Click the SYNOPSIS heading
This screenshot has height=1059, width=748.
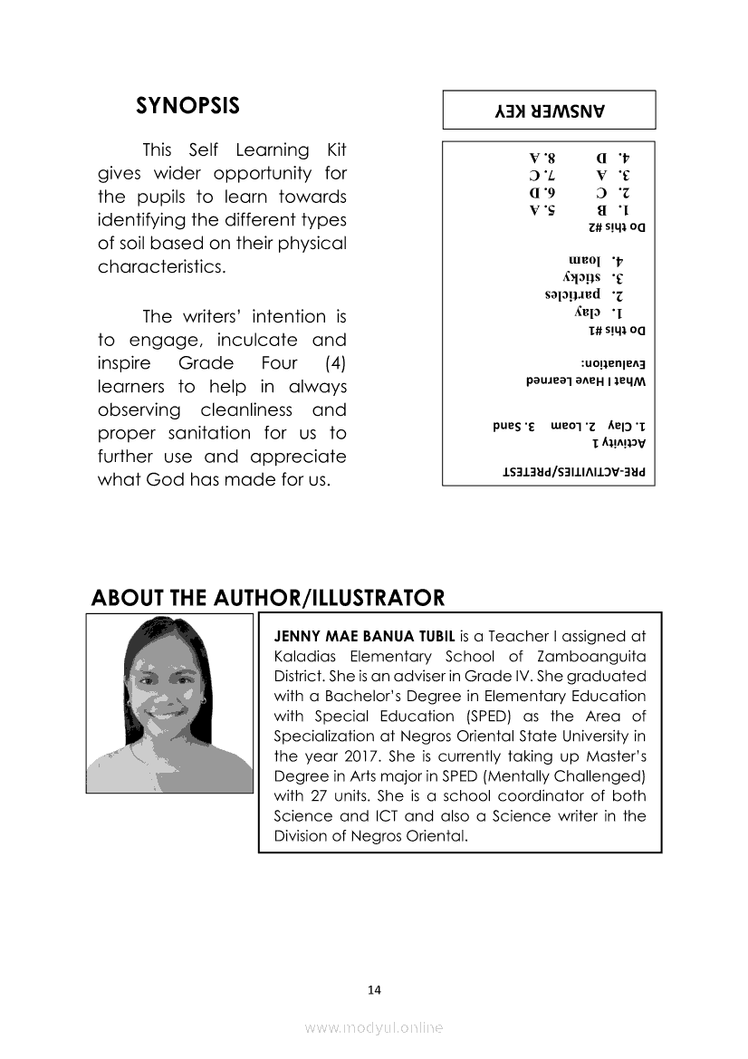pos(187,106)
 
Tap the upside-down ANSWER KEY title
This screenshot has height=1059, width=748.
pos(549,111)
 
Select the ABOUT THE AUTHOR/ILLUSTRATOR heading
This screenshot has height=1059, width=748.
pos(268,598)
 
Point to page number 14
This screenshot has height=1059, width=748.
pos(374,989)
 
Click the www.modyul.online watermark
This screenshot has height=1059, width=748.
pos(374,1027)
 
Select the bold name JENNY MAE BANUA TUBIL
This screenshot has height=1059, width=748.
pos(364,636)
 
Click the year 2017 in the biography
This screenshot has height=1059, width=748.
pos(350,756)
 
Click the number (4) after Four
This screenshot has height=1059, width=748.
pos(335,364)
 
